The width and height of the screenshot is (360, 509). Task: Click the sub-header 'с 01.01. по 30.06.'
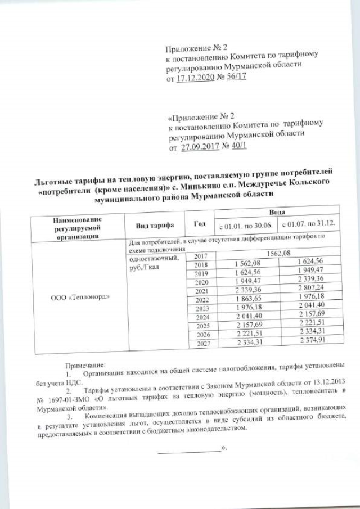(245, 225)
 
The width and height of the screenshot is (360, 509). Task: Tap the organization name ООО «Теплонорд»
(76, 296)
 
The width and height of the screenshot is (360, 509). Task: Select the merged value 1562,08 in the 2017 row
(278, 255)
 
